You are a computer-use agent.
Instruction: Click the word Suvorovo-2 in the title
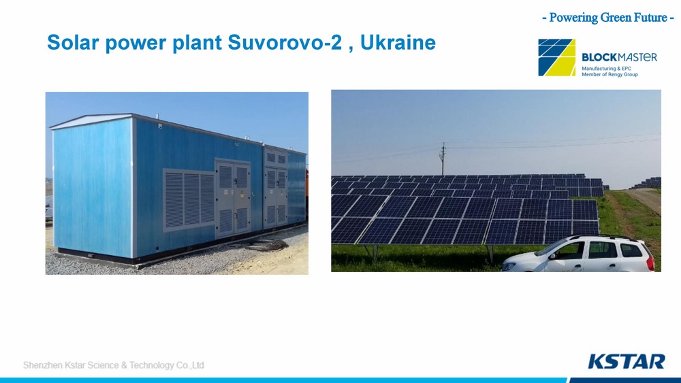[x=285, y=42]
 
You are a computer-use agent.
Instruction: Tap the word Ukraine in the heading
[x=398, y=42]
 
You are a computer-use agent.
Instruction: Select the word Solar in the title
[x=74, y=42]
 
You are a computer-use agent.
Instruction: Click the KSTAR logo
[x=627, y=361]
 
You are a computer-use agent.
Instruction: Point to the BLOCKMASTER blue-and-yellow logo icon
[x=557, y=57]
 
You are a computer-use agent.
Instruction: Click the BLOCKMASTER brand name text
[x=619, y=57]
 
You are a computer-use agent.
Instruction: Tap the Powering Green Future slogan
[x=608, y=18]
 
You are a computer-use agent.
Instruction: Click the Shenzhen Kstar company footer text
[x=113, y=365]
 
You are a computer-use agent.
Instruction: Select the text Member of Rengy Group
[x=609, y=75]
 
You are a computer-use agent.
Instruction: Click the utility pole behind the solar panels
[x=443, y=159]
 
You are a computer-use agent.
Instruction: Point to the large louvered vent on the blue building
[x=189, y=199]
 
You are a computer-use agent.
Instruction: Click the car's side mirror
[x=552, y=256]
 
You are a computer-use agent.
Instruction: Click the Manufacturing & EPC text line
[x=606, y=69]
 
